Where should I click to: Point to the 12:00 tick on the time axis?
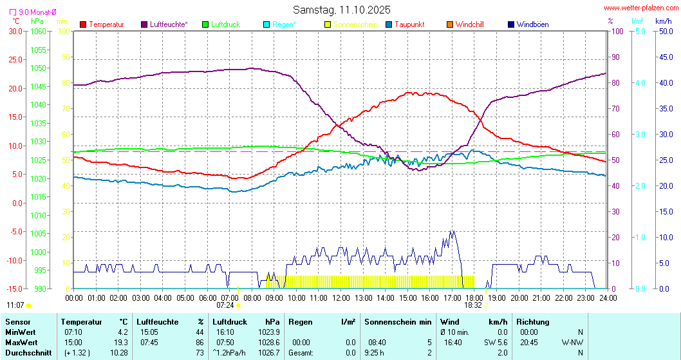click(x=340, y=298)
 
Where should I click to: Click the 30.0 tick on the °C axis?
click(x=15, y=31)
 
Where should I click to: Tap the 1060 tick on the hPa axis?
click(x=38, y=31)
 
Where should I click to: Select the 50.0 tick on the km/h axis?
click(x=664, y=31)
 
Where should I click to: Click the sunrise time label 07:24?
click(x=226, y=305)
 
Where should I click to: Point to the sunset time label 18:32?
click(x=473, y=305)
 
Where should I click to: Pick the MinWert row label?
click(x=20, y=332)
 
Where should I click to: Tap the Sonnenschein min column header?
click(x=396, y=321)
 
